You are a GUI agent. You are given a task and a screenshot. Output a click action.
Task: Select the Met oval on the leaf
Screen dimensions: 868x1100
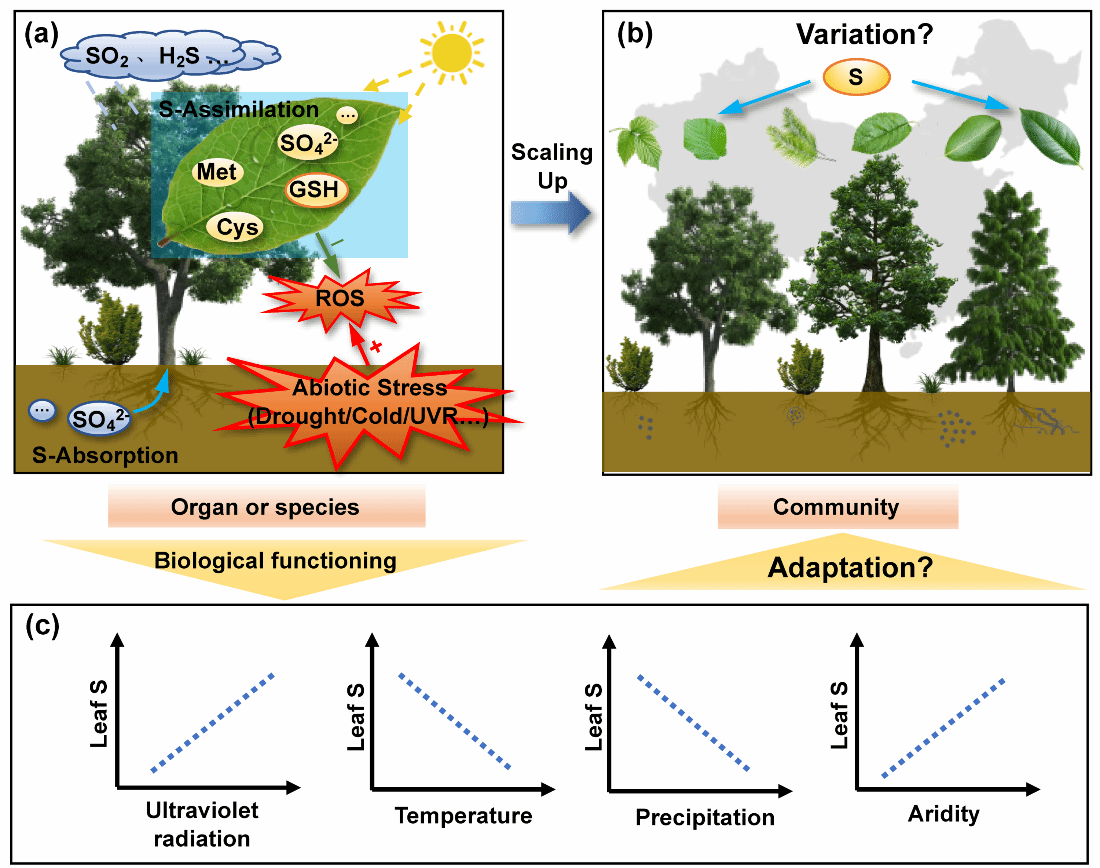[216, 172]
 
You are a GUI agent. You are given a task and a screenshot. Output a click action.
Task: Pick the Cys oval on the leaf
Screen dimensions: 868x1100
[238, 228]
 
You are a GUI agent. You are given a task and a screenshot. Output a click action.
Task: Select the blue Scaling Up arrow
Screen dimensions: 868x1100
[547, 215]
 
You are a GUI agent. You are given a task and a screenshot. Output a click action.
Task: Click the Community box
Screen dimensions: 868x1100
[837, 507]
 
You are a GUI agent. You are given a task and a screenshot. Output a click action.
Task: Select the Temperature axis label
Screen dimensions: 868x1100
[463, 816]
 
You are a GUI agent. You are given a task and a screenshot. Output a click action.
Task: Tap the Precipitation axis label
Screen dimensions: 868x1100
[705, 818]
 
